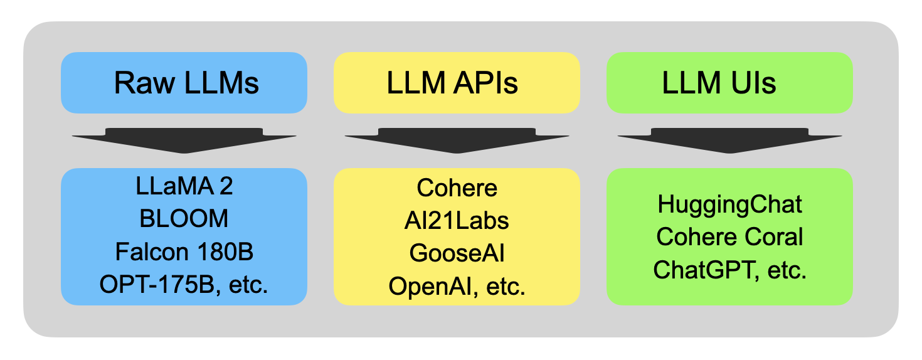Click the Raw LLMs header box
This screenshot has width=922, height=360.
184,83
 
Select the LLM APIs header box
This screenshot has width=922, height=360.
457,83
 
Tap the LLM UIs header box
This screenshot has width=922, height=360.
730,83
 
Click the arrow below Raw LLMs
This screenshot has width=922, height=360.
184,140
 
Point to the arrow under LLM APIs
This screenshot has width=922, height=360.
457,140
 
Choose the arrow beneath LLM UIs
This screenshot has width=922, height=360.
730,140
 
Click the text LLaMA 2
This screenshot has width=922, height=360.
184,186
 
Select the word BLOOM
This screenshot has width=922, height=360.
184,218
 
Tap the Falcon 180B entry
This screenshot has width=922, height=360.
184,251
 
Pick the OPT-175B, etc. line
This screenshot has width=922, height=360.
184,284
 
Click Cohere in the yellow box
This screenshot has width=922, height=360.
457,188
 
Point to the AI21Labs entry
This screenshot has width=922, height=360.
457,221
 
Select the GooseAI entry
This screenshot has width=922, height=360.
457,253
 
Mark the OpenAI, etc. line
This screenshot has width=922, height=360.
457,287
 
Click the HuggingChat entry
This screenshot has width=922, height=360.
730,204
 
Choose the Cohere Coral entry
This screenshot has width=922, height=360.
730,237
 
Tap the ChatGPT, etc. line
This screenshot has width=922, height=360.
730,270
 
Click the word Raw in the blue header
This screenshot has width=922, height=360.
144,83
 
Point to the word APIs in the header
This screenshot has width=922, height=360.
485,83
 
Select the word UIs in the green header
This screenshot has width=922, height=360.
753,83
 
